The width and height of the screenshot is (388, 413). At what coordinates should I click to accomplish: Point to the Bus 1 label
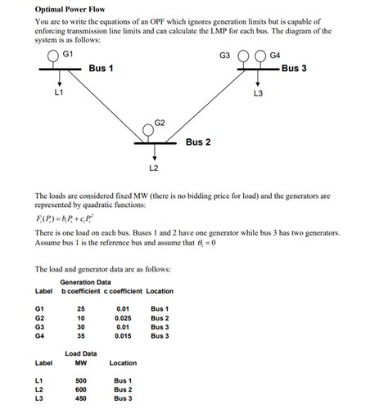click(101, 68)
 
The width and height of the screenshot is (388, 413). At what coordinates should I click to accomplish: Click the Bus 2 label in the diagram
click(198, 141)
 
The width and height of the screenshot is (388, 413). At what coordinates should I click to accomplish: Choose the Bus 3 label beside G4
click(294, 68)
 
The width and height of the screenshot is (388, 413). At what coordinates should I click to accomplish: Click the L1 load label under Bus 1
click(58, 92)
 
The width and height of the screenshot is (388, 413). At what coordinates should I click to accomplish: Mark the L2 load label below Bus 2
click(153, 168)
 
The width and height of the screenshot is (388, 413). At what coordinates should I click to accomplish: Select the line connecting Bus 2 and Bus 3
click(205, 106)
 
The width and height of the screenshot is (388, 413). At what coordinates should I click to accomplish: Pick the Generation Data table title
click(85, 282)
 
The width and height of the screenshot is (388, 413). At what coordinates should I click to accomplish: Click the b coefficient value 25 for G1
click(80, 308)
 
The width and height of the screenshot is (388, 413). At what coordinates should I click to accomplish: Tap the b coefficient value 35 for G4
click(80, 335)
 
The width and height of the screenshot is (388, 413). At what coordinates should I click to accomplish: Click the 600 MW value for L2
click(80, 390)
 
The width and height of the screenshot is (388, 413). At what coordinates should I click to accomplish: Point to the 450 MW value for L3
click(80, 399)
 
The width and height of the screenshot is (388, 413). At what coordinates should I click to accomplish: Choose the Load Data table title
click(80, 353)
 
